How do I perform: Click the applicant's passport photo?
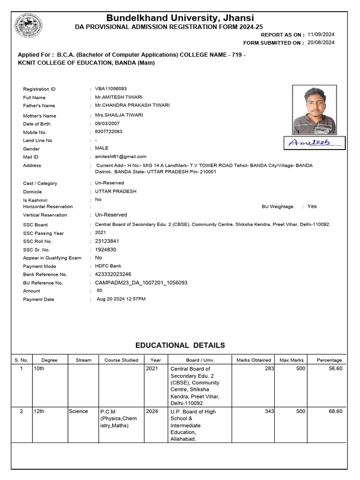pos(315,110)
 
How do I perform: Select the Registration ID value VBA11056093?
pos(111,89)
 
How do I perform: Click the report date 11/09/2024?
pos(321,35)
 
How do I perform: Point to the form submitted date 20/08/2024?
pos(321,43)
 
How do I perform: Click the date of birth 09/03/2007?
pos(107,123)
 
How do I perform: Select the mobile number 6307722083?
pos(109,132)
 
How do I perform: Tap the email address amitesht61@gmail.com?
pos(121,157)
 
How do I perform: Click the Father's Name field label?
pos(39,106)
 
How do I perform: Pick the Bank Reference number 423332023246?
pos(113,274)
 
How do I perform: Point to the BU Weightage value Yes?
pos(312,206)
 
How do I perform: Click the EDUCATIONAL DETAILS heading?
pos(180,345)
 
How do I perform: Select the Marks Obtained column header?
pos(254,360)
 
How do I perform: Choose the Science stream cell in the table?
pos(78,412)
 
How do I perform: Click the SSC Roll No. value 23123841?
pos(107,241)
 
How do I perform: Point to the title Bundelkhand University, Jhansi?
pos(180,18)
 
